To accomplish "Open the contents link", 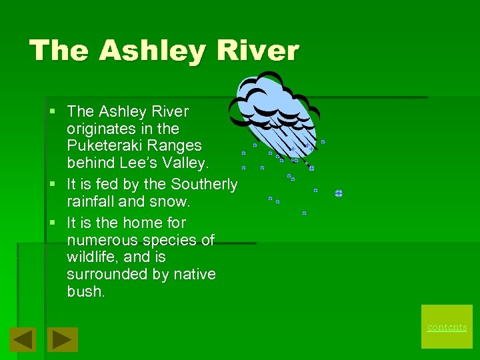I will tap(447, 327).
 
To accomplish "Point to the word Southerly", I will tap(204, 184).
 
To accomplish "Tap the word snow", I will tap(173, 201).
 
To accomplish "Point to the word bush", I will tap(86, 292).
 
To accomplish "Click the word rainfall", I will tap(92, 201).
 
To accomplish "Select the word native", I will tap(195, 275).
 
